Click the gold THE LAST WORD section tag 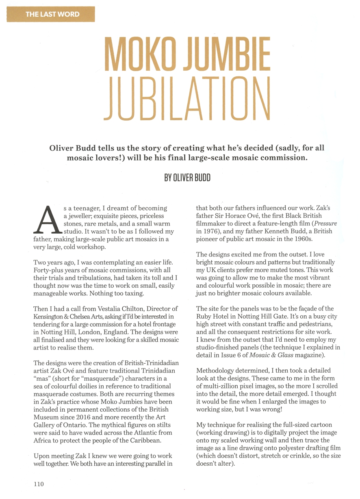pos(53,15)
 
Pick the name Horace pos(236,216)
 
